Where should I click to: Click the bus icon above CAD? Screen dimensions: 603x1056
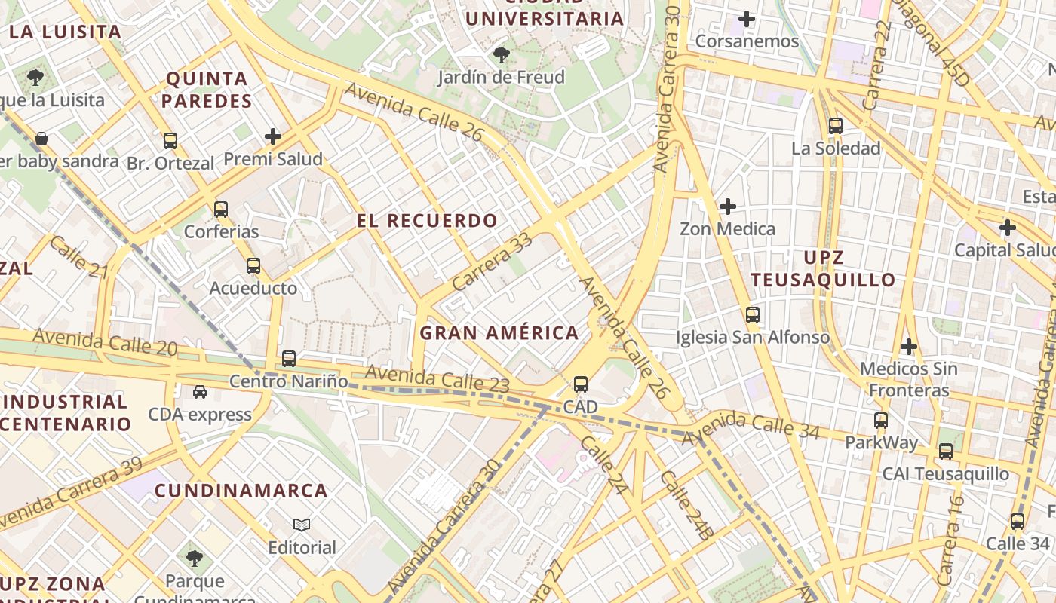tap(580, 384)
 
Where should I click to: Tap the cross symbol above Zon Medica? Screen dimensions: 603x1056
tap(728, 206)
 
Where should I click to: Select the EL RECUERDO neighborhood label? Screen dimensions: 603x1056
tap(427, 221)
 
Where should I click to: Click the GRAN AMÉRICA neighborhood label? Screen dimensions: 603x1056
tap(499, 332)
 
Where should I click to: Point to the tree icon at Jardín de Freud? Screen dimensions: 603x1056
tap(501, 55)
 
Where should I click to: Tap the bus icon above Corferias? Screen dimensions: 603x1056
tap(220, 209)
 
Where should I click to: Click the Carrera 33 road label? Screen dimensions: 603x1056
tap(493, 263)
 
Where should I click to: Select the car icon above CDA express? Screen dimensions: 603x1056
tap(199, 392)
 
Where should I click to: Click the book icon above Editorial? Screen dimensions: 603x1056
tap(302, 525)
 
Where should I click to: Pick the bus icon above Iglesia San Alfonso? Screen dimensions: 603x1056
tap(752, 314)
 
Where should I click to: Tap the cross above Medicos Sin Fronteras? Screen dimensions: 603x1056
tap(909, 347)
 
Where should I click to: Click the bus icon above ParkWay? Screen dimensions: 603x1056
tap(880, 420)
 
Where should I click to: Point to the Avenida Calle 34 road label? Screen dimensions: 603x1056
tap(750, 427)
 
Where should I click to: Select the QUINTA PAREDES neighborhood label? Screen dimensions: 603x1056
tap(207, 90)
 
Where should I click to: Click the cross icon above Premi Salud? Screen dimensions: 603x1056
tap(273, 136)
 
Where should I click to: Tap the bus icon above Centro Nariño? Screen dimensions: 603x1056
tap(288, 359)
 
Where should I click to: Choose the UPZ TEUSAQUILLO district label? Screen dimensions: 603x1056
tap(823, 268)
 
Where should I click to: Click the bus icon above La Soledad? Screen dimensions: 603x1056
tap(835, 126)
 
